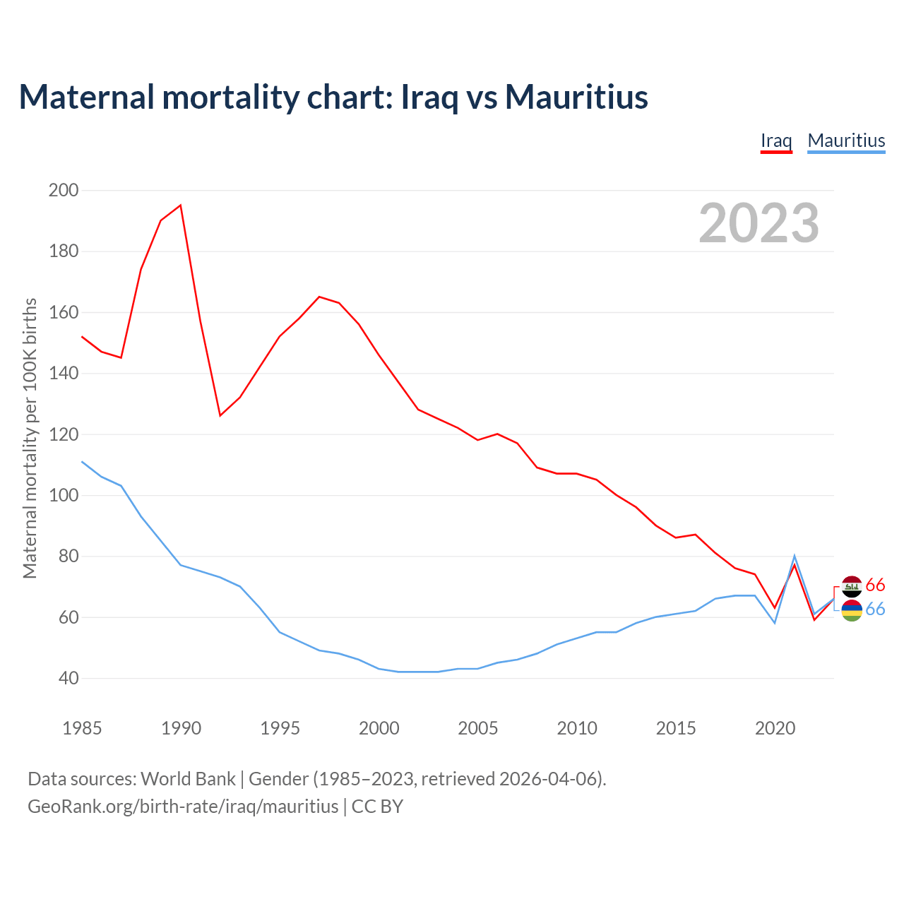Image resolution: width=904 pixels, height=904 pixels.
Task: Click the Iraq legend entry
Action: [776, 141]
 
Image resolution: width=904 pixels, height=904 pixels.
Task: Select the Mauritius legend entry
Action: [846, 141]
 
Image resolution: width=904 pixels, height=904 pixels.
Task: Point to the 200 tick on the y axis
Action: [64, 190]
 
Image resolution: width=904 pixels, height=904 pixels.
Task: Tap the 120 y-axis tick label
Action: [64, 434]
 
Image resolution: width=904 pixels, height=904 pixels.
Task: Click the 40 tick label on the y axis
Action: [68, 679]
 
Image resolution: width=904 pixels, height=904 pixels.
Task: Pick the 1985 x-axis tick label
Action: [82, 728]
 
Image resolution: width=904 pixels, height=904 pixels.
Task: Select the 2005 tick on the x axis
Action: [477, 728]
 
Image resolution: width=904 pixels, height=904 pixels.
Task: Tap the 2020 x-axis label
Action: [775, 728]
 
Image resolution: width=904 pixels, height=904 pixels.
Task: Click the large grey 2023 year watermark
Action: [759, 223]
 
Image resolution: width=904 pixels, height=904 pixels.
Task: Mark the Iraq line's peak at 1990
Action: [181, 206]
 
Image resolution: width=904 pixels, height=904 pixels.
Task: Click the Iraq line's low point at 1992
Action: [220, 415]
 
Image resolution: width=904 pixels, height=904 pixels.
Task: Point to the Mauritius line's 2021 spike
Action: [795, 557]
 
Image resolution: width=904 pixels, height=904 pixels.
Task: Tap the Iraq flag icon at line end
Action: [852, 586]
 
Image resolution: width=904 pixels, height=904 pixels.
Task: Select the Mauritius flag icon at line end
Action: [852, 610]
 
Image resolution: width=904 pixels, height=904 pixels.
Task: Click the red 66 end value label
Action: [875, 585]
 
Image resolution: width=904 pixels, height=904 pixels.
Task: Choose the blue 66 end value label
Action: [875, 609]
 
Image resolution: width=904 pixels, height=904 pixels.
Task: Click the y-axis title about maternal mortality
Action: [30, 439]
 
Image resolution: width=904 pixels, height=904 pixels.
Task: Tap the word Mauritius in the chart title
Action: [576, 97]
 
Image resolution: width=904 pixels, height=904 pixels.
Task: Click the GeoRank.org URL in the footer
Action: [183, 806]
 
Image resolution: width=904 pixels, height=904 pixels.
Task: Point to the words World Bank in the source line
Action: [188, 778]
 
